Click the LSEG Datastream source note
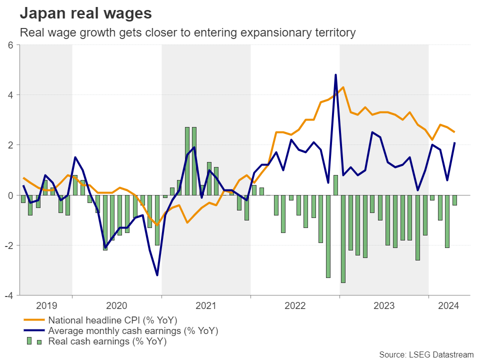426,354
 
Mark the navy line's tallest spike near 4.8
335,75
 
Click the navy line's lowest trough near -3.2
157,275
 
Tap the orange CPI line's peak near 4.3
343,87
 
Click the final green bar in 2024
454,200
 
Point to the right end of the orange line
454,132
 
